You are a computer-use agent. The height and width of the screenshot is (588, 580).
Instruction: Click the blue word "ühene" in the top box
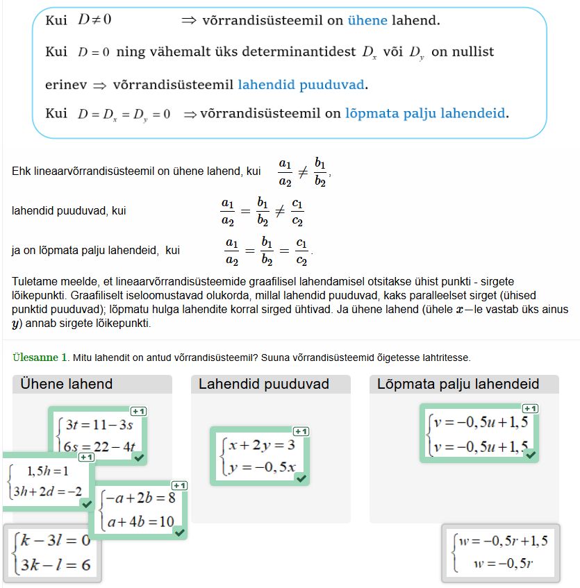tap(367, 20)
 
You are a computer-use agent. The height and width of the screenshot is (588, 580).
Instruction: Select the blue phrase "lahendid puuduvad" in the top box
tap(301, 85)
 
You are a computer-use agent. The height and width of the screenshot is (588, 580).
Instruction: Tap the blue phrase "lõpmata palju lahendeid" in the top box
tap(426, 112)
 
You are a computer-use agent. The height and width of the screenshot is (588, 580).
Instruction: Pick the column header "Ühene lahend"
tap(67, 384)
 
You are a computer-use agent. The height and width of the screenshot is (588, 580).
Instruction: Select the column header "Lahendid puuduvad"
tap(264, 384)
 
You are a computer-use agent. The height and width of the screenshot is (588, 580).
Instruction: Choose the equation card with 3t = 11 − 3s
tap(97, 435)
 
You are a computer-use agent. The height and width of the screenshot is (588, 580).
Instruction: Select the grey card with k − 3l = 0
tap(52, 553)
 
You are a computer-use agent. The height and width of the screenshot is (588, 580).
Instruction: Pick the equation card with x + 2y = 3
tap(258, 455)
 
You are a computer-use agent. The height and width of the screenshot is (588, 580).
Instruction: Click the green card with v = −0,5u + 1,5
tap(479, 433)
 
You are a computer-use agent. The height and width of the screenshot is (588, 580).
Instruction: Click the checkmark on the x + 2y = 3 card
tap(301, 478)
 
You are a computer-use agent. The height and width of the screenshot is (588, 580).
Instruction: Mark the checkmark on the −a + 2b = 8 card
tap(179, 532)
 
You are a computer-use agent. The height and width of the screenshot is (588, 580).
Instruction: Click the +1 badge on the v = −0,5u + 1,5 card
tap(530, 409)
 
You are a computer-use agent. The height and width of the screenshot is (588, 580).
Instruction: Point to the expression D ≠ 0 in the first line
tap(94, 20)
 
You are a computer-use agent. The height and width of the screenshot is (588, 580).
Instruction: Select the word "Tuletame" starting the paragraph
tap(34, 283)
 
